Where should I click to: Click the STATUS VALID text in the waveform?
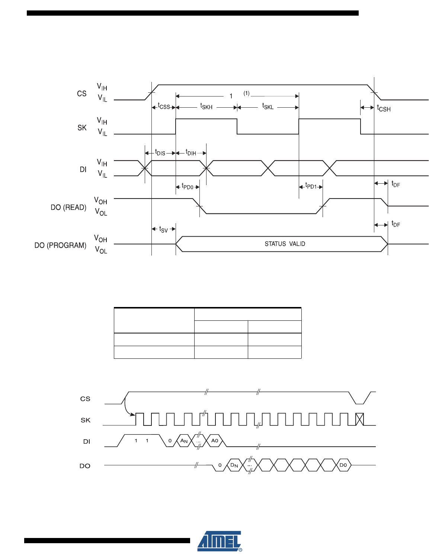click(x=285, y=244)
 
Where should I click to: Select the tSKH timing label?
click(x=206, y=107)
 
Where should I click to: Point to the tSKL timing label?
click(x=268, y=107)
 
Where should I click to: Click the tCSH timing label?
click(x=384, y=108)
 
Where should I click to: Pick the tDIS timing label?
click(x=160, y=153)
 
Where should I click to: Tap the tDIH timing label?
click(x=191, y=153)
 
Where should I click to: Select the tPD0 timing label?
click(x=187, y=187)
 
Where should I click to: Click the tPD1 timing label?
click(x=311, y=186)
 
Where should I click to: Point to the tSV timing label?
click(x=163, y=229)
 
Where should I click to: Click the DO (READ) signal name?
click(x=68, y=208)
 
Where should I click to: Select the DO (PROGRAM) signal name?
click(x=60, y=246)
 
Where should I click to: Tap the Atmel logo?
click(x=220, y=541)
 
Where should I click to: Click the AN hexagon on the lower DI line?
click(x=184, y=441)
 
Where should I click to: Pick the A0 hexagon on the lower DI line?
click(x=215, y=441)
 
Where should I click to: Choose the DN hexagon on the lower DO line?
click(x=234, y=465)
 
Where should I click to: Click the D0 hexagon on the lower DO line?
click(x=343, y=465)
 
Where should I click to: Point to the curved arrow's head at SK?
click(x=133, y=414)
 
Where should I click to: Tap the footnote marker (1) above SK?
click(x=246, y=93)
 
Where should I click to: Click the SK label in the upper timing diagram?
click(x=82, y=128)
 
